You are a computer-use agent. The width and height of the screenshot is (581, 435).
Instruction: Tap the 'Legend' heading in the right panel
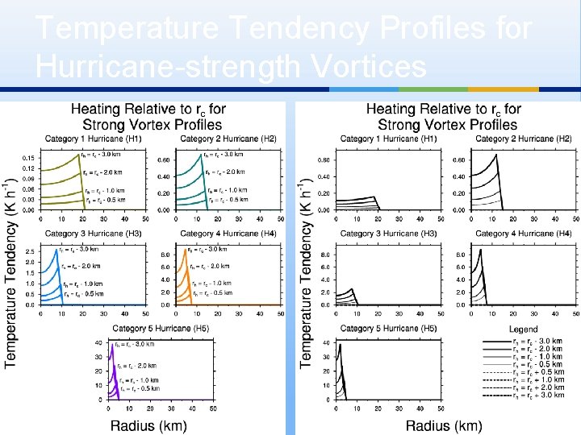[x=524, y=329]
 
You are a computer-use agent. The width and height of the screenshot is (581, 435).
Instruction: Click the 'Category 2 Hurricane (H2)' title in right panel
[x=525, y=139]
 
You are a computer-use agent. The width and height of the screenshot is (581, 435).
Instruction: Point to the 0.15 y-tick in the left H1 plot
[x=28, y=158]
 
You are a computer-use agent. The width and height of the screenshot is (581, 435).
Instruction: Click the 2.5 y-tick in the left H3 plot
[x=31, y=252]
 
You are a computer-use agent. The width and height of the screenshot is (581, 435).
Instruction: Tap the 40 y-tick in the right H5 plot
[x=327, y=342]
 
